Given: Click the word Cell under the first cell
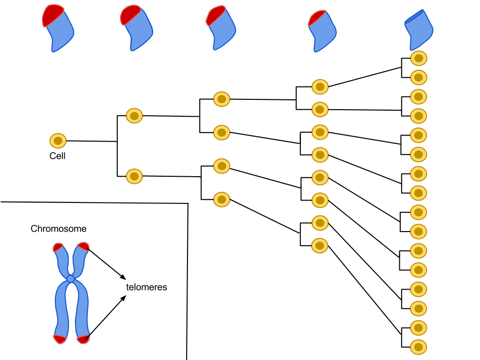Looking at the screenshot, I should coord(57,156).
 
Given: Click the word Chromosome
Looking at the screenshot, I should coord(59,229).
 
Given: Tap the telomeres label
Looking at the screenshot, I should coord(146,287).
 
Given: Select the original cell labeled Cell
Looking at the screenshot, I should coord(58,140).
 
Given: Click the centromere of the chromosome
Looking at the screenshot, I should coord(70,279).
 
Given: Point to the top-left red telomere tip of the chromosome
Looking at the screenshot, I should coord(58,247).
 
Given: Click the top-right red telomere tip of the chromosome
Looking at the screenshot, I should coord(83,246).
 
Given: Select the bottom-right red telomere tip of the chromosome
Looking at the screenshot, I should coord(83,339).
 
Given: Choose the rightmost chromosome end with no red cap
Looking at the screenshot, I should coord(419,30).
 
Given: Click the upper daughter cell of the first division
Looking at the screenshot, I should coord(134,115).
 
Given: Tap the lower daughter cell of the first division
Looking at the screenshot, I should coord(134,176).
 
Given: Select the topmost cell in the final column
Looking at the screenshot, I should coord(419,59).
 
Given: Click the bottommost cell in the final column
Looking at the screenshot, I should coord(419,347).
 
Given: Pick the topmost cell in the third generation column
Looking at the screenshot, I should coord(221,99).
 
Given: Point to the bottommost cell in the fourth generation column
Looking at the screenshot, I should coord(320,246).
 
